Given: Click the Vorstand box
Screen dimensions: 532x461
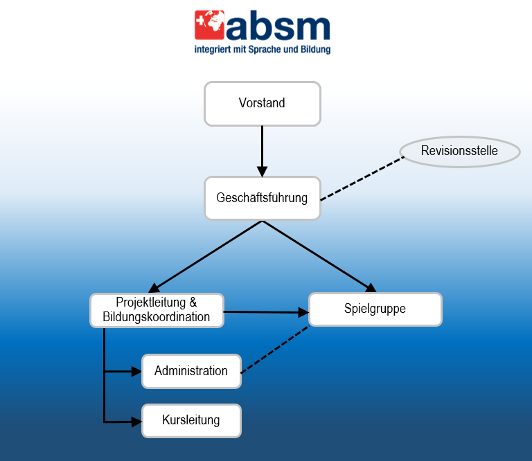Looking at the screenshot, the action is click(263, 104).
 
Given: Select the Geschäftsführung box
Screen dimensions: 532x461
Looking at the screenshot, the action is click(263, 198).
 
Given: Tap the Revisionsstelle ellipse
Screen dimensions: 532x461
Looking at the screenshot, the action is click(460, 152).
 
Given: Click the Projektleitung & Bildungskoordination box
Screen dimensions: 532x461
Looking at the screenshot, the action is click(157, 310).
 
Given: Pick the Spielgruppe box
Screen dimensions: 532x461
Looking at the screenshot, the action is click(375, 309).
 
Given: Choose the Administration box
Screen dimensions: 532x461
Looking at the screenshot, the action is click(191, 371).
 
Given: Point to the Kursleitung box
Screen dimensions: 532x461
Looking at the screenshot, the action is click(191, 421).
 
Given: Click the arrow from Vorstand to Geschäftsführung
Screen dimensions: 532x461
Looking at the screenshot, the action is click(263, 151).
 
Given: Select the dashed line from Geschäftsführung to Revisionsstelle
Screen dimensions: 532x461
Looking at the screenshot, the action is click(362, 179).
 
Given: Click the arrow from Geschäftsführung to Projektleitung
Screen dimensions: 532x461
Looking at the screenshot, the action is click(205, 257).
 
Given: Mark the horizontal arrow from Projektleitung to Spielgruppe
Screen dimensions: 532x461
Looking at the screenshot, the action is click(266, 312).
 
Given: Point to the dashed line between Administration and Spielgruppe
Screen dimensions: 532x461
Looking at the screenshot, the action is click(275, 350).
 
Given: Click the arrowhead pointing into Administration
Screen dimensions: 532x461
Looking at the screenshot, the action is click(136, 372).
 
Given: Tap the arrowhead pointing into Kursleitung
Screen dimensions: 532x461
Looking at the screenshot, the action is click(136, 422).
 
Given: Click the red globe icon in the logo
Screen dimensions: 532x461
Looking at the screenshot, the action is click(209, 25).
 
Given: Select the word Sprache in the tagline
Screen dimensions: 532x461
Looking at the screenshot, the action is click(265, 49).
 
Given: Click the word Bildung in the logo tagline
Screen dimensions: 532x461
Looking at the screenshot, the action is click(316, 49).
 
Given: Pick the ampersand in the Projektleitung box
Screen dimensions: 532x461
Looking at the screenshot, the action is click(193, 302).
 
